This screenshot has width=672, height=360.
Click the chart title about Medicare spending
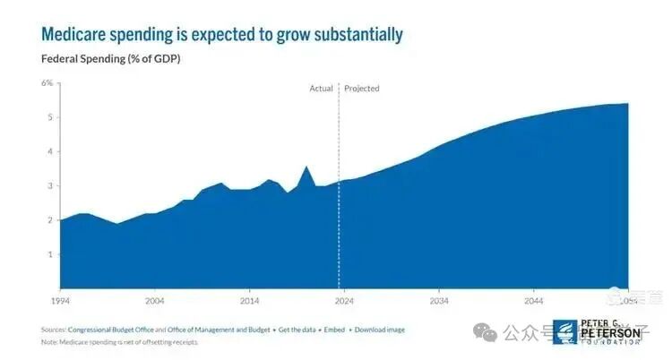tap(222, 35)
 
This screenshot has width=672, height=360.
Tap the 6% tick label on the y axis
tap(47, 83)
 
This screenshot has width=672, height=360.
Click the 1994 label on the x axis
tap(59, 300)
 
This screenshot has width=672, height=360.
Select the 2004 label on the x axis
tap(154, 300)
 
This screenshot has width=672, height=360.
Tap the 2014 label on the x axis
tap(249, 300)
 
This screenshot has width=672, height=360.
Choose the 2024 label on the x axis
tap(344, 300)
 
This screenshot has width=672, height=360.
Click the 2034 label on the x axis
tap(439, 300)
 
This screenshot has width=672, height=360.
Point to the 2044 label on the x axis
tap(534, 300)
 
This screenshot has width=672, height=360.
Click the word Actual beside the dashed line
tap(321, 89)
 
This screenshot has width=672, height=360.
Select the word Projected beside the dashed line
tap(362, 89)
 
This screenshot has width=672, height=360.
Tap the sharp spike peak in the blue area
tap(306, 167)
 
